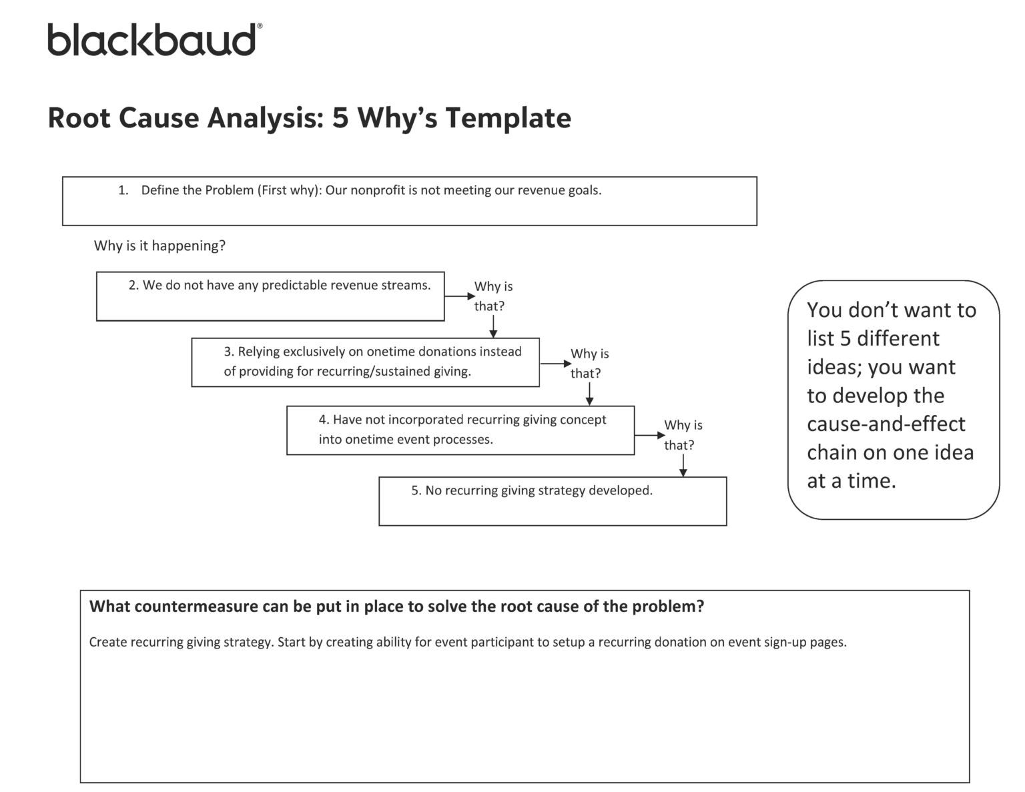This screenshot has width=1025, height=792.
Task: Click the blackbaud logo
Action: [154, 40]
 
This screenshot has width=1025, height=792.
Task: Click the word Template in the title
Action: [508, 118]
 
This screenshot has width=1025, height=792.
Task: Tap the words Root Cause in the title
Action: [123, 118]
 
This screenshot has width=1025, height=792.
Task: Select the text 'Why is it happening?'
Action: [159, 246]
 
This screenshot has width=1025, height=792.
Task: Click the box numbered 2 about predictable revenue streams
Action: [270, 296]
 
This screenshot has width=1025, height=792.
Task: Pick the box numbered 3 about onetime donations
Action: [365, 362]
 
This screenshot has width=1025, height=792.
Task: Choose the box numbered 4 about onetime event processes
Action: [460, 430]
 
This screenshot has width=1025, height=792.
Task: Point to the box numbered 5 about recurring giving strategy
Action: [553, 501]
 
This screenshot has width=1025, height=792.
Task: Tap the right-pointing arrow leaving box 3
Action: [555, 364]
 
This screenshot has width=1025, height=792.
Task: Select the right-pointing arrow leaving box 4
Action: [649, 435]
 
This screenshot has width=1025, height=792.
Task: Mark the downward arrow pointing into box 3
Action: [493, 326]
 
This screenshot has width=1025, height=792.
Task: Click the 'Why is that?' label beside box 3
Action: [589, 364]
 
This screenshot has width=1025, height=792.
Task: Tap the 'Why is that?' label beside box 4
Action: [682, 435]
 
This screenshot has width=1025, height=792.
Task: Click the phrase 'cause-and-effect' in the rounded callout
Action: [886, 424]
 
